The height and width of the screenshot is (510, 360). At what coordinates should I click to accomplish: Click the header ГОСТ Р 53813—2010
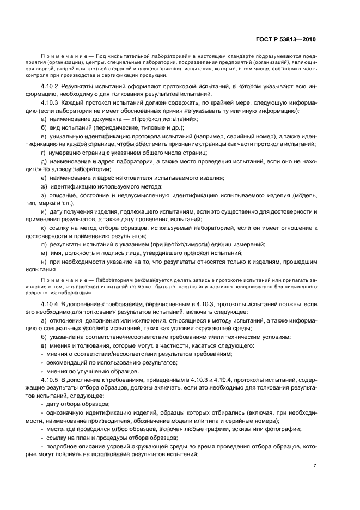(x=286, y=39)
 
